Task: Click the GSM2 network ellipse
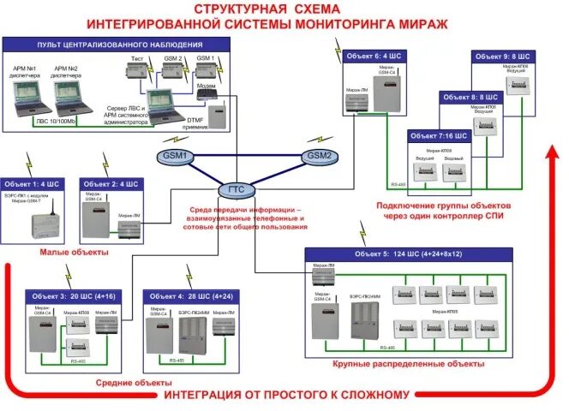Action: (x=319, y=156)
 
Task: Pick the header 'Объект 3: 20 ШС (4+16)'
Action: (x=72, y=295)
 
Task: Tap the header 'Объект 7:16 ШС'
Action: (x=438, y=136)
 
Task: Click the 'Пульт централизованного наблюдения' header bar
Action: (x=120, y=44)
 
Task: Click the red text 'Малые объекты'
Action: (x=75, y=253)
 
